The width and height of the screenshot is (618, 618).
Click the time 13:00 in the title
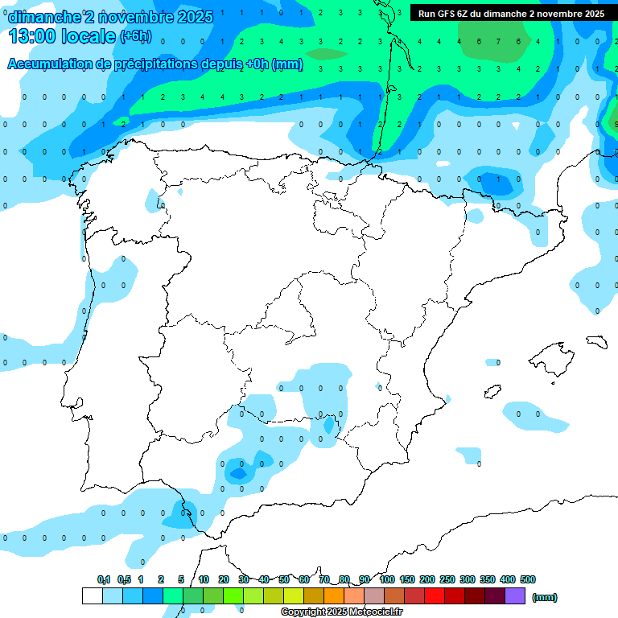(x=31, y=36)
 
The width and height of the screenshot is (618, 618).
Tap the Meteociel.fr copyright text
(x=342, y=612)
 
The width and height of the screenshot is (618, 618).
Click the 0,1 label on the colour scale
(x=104, y=579)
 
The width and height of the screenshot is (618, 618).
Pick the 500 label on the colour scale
(x=528, y=579)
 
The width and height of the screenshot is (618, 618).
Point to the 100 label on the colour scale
(x=387, y=579)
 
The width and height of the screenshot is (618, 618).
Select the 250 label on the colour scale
(x=447, y=579)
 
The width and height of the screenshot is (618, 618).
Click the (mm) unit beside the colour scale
(x=545, y=597)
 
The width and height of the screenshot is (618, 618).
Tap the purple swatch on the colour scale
(x=515, y=596)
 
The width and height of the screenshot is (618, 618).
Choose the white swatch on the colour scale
(x=92, y=596)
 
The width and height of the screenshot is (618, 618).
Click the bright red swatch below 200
(x=435, y=596)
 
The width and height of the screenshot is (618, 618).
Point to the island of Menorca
(x=596, y=341)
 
